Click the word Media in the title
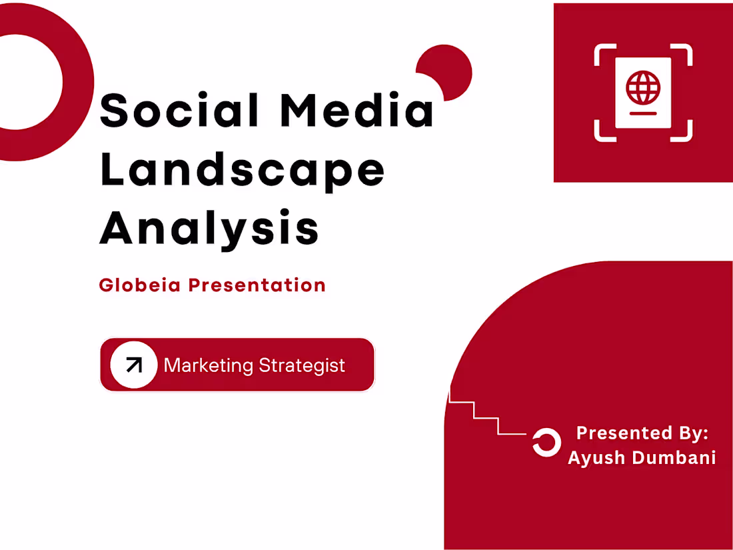click(x=357, y=110)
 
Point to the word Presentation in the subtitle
click(x=257, y=285)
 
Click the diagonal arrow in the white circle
click(x=134, y=365)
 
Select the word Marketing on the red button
click(x=209, y=365)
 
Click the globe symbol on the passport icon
click(x=643, y=87)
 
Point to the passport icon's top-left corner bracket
click(x=602, y=53)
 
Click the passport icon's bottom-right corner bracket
click(x=684, y=132)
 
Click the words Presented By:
click(x=642, y=433)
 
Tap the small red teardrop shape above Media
click(x=447, y=71)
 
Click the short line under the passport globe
click(x=643, y=113)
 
